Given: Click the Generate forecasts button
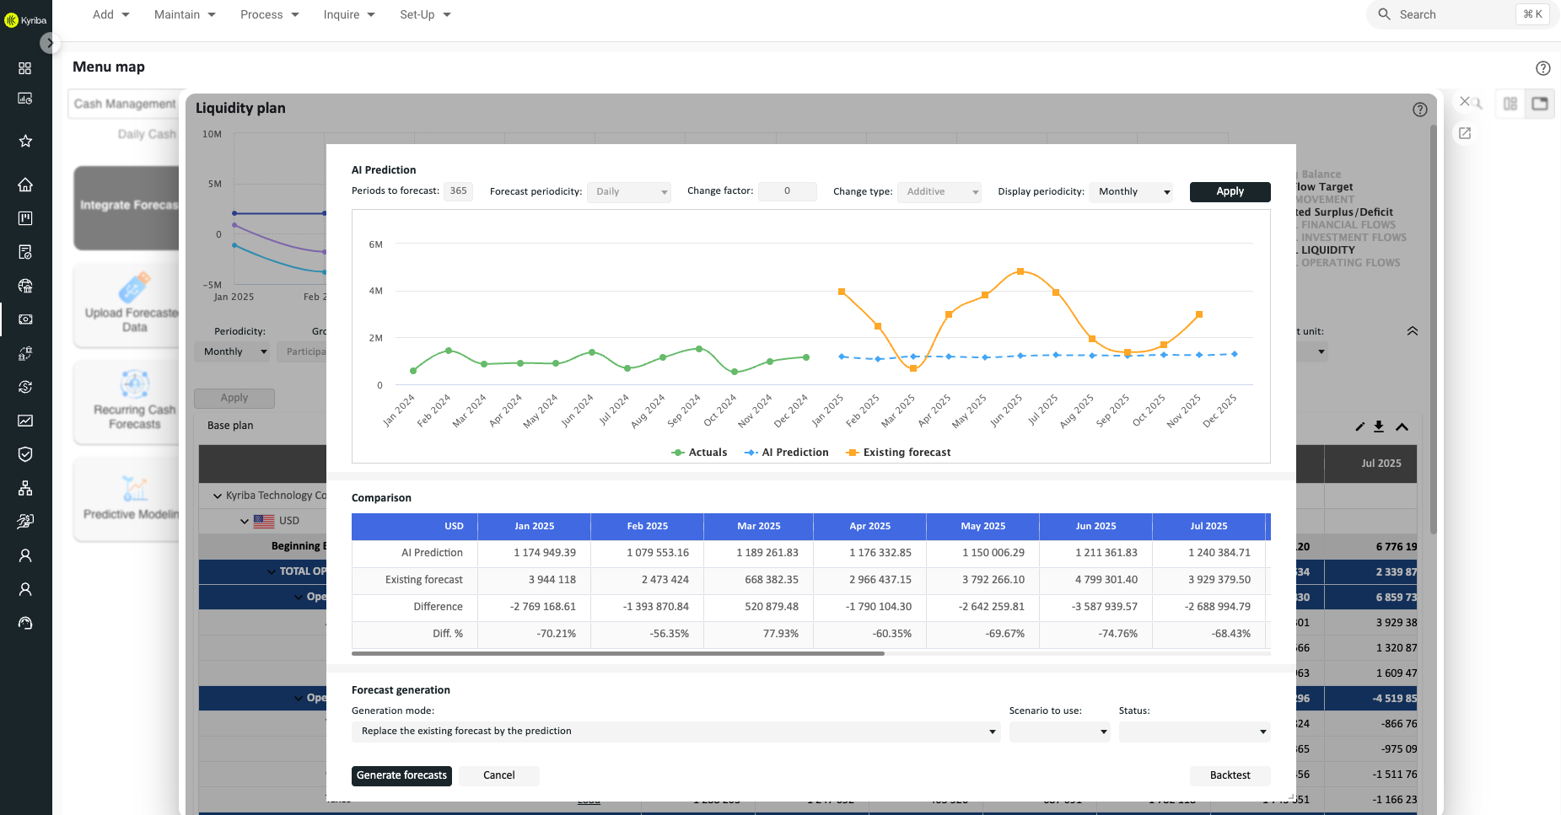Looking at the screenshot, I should (x=401, y=775).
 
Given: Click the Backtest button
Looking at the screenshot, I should (x=1230, y=775).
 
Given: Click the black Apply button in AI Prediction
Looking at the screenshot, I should (x=1230, y=191).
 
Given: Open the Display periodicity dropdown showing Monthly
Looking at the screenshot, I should (x=1131, y=191).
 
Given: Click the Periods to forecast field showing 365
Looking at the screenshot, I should (x=458, y=191).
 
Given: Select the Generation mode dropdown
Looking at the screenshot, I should (x=676, y=732).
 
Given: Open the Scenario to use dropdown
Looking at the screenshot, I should (x=1059, y=732).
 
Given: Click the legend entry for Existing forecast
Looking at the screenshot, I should (x=899, y=453).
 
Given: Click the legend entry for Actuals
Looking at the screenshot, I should (x=699, y=453).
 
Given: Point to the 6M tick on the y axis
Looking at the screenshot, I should (x=375, y=244).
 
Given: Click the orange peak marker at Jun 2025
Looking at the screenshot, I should (x=1020, y=271).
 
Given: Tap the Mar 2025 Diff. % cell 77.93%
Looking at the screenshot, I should (x=780, y=634).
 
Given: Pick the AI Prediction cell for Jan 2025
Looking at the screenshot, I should (x=544, y=553).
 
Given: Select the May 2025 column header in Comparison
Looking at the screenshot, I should (x=982, y=526).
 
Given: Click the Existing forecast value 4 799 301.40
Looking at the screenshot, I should (x=1106, y=580).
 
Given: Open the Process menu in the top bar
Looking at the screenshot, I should (x=269, y=14).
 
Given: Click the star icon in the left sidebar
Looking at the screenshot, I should (x=25, y=141).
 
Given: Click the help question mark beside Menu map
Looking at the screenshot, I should (x=1542, y=68).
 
